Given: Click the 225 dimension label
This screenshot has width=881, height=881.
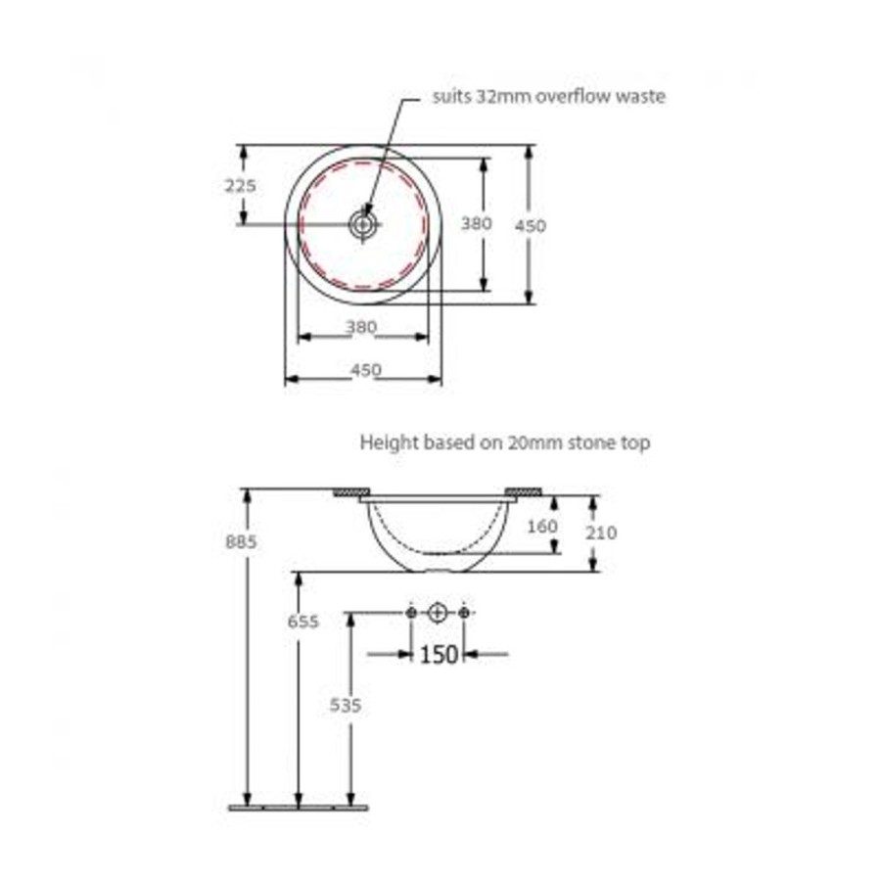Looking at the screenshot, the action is tap(241, 185).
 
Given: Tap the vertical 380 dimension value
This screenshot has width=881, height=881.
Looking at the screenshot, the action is tap(476, 223).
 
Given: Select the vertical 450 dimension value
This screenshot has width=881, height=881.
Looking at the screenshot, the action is tap(530, 225).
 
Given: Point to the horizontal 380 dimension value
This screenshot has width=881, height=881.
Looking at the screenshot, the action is tap(360, 326).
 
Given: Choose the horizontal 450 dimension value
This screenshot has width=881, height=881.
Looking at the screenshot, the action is tap(366, 370).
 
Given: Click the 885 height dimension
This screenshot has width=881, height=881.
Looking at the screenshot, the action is tap(241, 541).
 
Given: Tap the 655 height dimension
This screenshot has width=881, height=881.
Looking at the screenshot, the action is tap(302, 622).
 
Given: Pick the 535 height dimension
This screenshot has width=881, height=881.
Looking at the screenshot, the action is tap(345, 705).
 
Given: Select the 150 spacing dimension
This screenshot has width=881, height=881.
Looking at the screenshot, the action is tap(439, 654).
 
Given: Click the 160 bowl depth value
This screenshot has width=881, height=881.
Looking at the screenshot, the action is tap(542, 527).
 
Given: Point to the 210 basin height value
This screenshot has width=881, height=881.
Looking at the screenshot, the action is tap(601, 533).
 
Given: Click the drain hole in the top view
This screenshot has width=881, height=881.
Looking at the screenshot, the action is tap(363, 225).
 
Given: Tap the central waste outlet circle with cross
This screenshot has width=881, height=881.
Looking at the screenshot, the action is tap(438, 613).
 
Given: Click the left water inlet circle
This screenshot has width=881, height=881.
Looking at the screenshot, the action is tap(411, 613).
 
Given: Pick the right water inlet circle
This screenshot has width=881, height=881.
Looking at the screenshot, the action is tap(464, 613).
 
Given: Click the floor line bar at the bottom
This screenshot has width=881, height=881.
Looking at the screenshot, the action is tap(299, 808).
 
